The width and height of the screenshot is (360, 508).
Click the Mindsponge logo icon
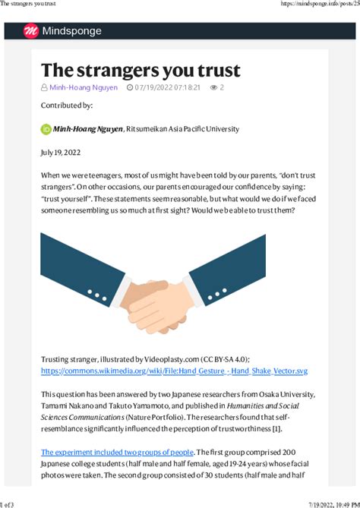31,31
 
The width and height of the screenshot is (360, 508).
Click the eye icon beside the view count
213,87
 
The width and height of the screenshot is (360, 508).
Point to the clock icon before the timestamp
130,87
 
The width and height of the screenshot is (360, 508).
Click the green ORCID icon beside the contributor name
46,129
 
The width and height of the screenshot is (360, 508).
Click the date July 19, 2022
62,152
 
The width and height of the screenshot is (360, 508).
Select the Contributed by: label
67,106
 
